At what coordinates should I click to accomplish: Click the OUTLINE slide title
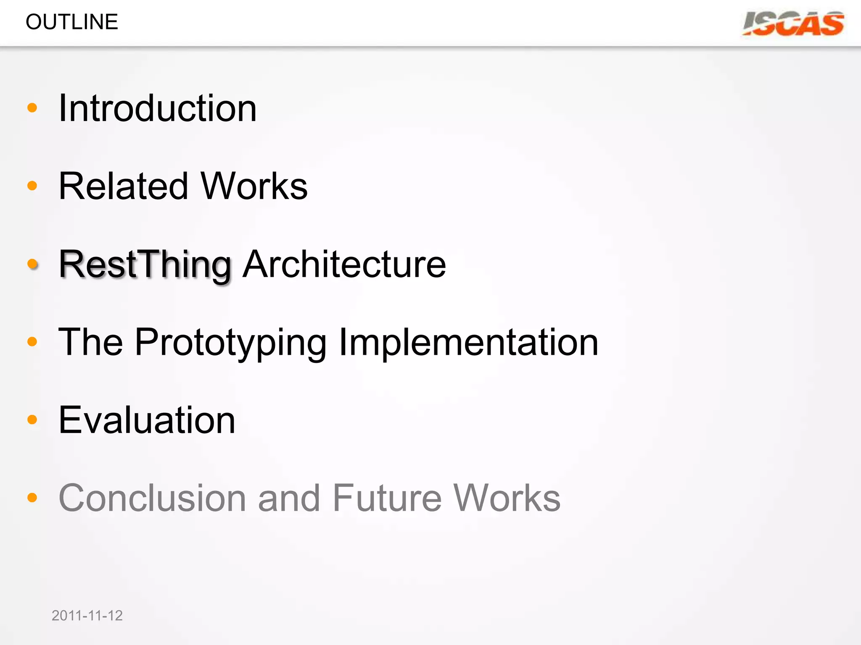click(x=72, y=22)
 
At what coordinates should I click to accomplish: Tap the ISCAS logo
click(x=793, y=24)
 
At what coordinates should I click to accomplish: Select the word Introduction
click(x=158, y=108)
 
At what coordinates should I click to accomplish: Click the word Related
click(x=123, y=186)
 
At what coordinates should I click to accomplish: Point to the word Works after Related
click(x=254, y=186)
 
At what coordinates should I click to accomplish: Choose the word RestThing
click(x=145, y=265)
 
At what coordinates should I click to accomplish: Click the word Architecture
click(x=344, y=264)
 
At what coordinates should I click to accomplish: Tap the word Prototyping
click(x=230, y=343)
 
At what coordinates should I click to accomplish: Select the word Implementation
click(x=468, y=343)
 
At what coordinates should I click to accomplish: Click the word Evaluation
click(x=147, y=420)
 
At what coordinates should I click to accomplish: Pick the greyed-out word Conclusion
click(x=152, y=498)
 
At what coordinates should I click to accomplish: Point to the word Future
click(x=387, y=498)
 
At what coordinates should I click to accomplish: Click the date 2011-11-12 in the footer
click(x=87, y=616)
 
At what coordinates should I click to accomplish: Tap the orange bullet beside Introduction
click(x=32, y=108)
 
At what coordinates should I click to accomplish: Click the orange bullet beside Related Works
click(x=32, y=186)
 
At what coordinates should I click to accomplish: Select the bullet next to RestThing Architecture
click(x=32, y=264)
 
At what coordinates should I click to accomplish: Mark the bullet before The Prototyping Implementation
click(x=32, y=341)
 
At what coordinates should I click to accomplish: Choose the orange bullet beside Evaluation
click(x=32, y=420)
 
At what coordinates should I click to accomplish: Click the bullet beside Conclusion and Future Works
click(x=32, y=498)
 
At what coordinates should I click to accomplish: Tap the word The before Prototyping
click(x=90, y=343)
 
